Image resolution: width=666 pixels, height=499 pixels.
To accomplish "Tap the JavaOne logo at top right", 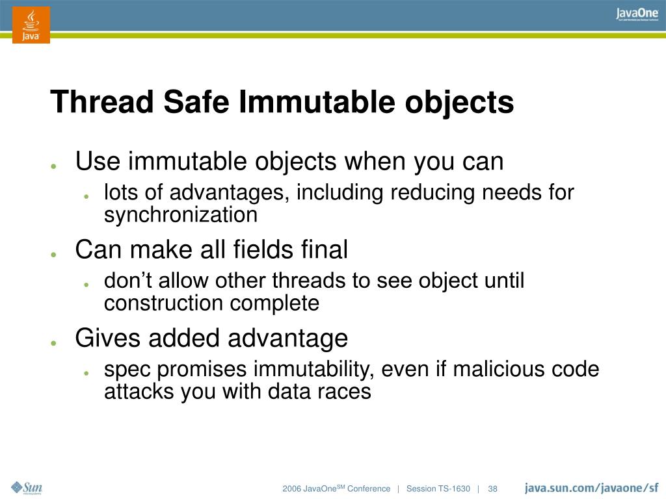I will pyautogui.click(x=637, y=15).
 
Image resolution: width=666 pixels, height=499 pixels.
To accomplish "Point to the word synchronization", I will pyautogui.click(x=181, y=215).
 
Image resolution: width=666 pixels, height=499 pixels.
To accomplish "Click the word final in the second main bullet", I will pyautogui.click(x=325, y=249).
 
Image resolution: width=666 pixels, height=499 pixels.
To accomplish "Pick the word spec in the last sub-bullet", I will pyautogui.click(x=127, y=370).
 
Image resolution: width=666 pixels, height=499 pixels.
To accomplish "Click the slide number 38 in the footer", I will pyautogui.click(x=492, y=489).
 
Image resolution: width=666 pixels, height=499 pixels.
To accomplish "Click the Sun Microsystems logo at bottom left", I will pyautogui.click(x=27, y=488).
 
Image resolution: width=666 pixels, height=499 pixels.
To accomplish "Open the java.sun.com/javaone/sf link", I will pyautogui.click(x=591, y=488).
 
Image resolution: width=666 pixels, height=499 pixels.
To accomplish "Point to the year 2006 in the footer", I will pyautogui.click(x=291, y=489).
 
